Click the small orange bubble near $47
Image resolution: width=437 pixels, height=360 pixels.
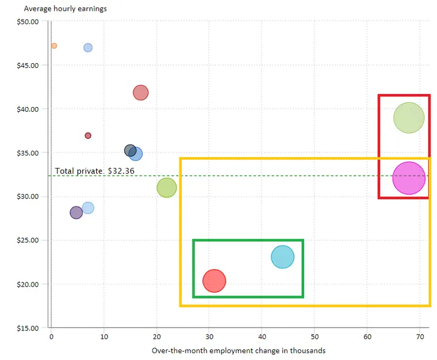tap(54, 46)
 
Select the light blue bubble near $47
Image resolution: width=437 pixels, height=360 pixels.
tap(88, 47)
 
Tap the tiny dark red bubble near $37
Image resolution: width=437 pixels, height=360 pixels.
tap(88, 135)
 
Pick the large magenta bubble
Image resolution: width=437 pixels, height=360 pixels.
tap(409, 178)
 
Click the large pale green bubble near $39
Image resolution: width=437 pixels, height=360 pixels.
tap(409, 118)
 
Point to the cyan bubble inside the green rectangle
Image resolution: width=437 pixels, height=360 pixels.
tap(283, 257)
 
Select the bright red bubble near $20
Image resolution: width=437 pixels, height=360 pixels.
tap(214, 281)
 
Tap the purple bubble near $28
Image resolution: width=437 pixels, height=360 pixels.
tap(76, 213)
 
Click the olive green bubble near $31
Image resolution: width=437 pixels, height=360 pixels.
tap(167, 188)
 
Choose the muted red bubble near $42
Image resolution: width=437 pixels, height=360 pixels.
tap(141, 93)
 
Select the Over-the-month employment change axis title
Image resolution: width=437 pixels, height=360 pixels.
tap(239, 351)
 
